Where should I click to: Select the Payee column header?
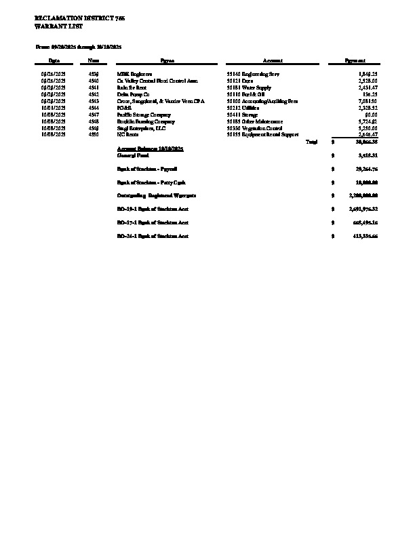168,61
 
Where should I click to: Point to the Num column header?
94,61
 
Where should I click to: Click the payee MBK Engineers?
134,73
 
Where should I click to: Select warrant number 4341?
94,87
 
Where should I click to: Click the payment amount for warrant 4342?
370,94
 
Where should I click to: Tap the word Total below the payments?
312,142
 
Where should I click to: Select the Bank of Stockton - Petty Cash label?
151,182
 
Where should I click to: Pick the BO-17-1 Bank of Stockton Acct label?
153,222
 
